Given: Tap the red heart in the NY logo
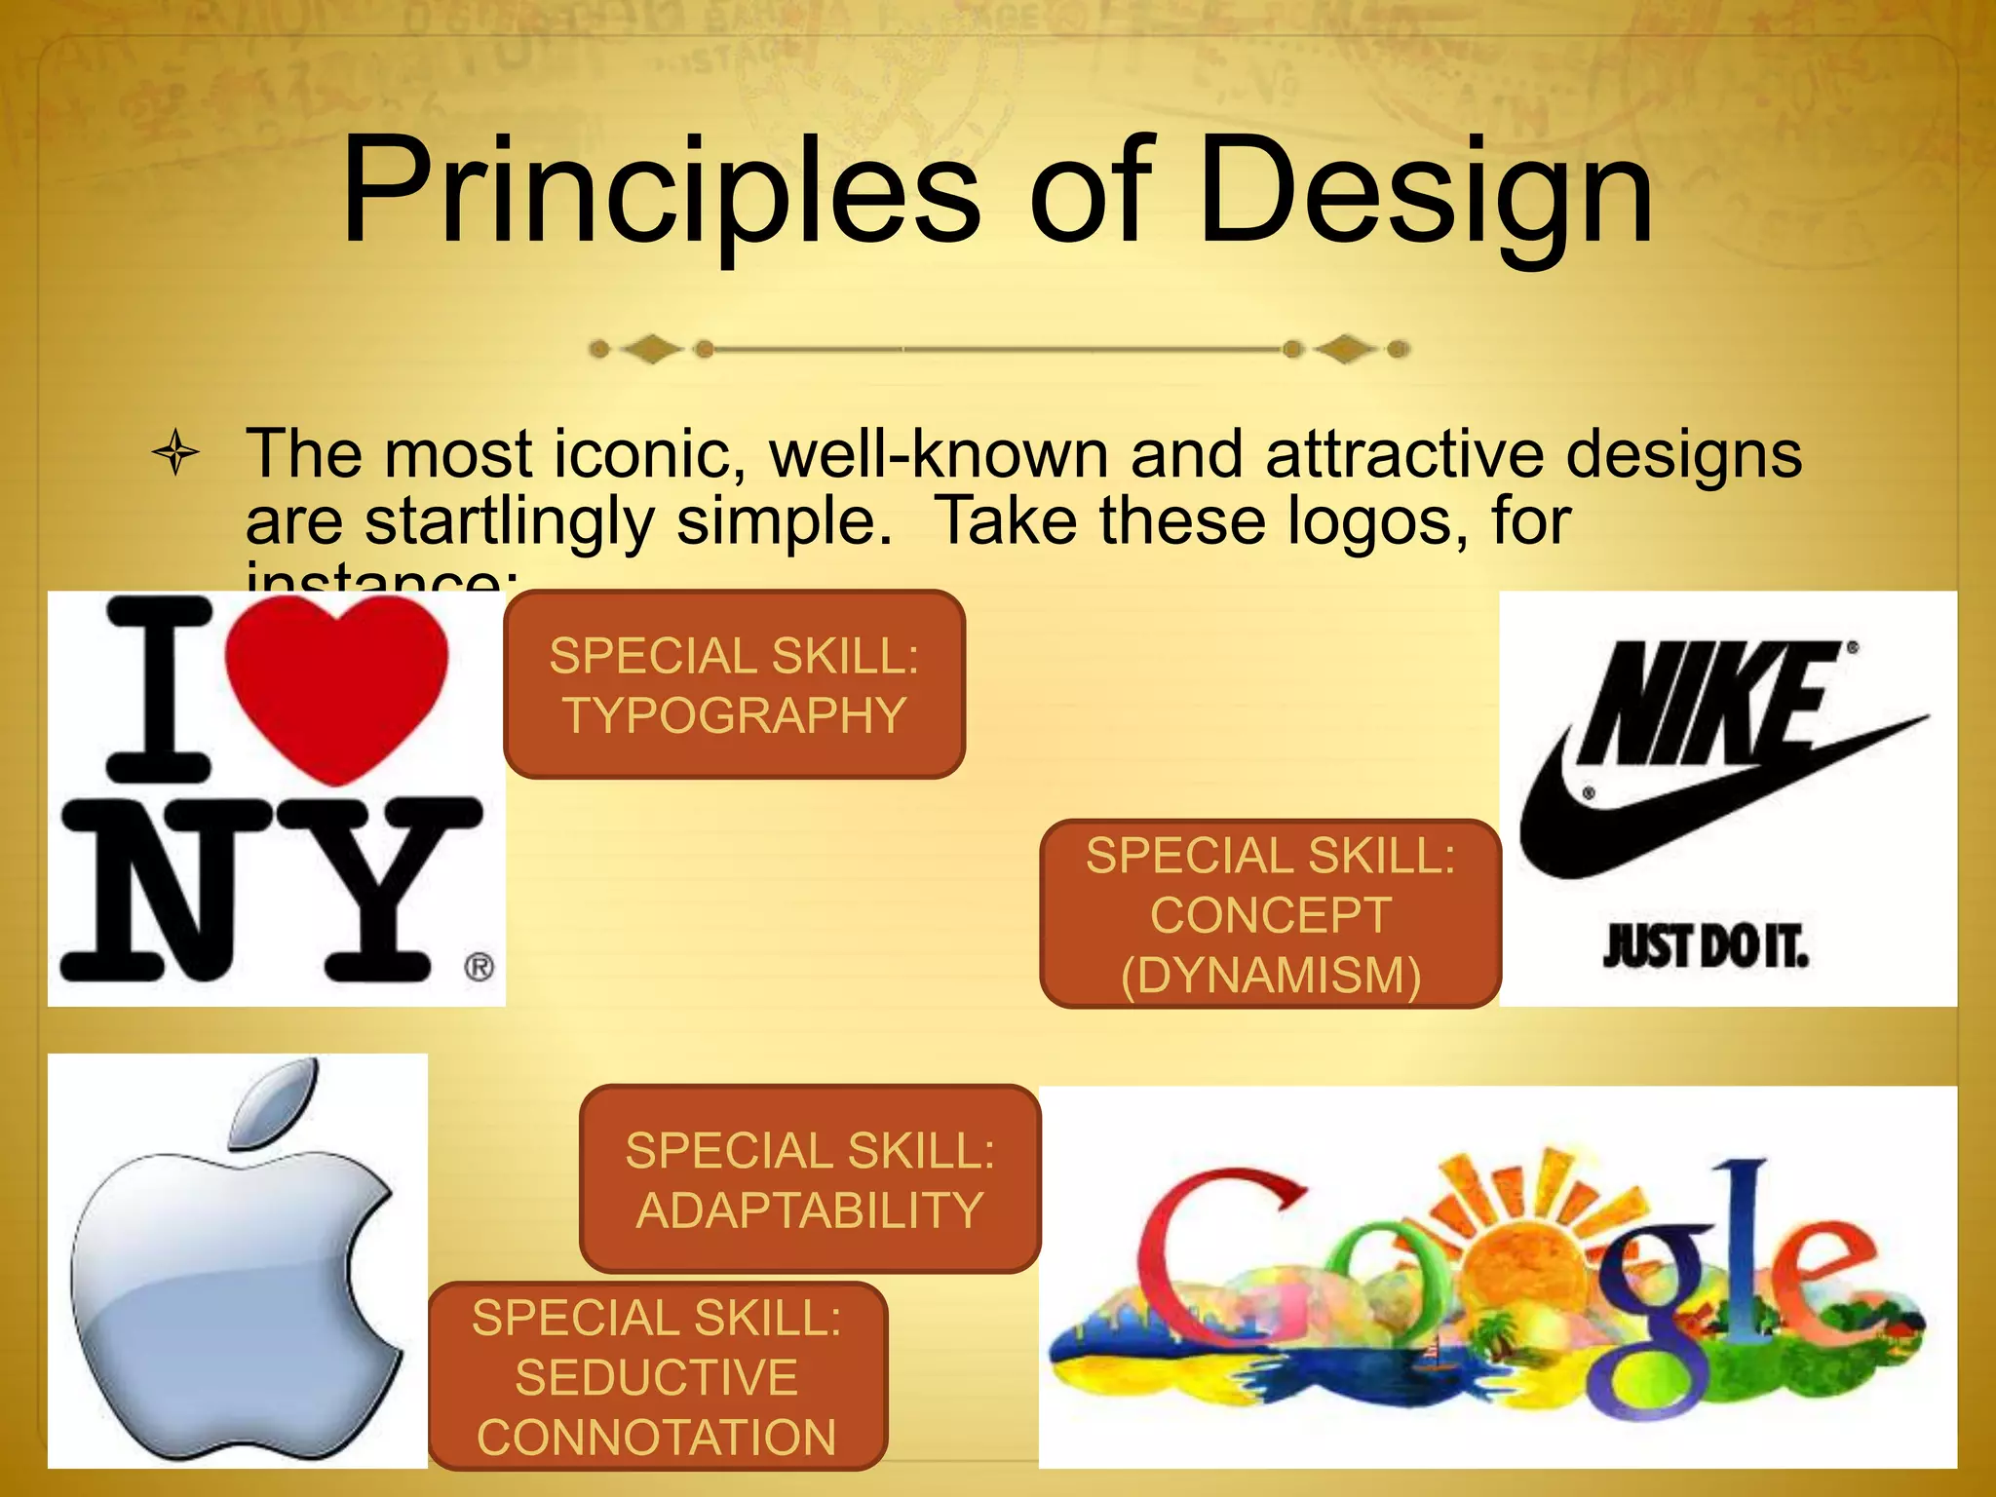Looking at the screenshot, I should tap(336, 682).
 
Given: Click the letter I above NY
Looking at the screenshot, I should tap(159, 689).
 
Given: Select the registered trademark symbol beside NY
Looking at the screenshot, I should tap(479, 967).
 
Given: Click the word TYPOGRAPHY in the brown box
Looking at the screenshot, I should tap(734, 715).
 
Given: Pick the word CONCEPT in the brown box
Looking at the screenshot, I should tap(1270, 915).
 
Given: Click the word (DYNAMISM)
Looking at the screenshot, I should tap(1270, 975).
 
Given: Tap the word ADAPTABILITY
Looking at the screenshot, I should tap(809, 1210).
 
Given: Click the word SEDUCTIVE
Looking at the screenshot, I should tap(656, 1377).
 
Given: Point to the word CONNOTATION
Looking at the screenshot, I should tap(656, 1437).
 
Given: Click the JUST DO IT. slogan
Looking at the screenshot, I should tap(1706, 946).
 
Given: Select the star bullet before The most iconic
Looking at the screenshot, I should tap(176, 452).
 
